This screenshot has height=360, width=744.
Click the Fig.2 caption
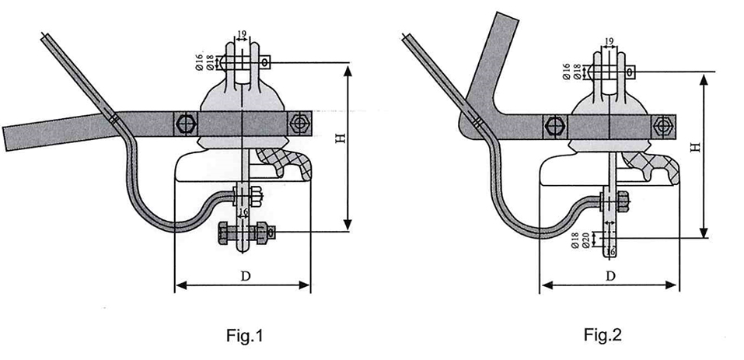click(x=603, y=335)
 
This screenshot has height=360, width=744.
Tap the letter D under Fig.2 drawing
click(x=610, y=275)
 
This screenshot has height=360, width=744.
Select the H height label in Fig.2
click(x=694, y=147)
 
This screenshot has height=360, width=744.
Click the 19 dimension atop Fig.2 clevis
click(x=609, y=40)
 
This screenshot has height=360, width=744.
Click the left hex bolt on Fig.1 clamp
click(x=184, y=124)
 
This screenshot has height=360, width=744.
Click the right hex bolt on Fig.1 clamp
click(x=299, y=124)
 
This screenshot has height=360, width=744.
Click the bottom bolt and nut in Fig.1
click(x=243, y=231)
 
